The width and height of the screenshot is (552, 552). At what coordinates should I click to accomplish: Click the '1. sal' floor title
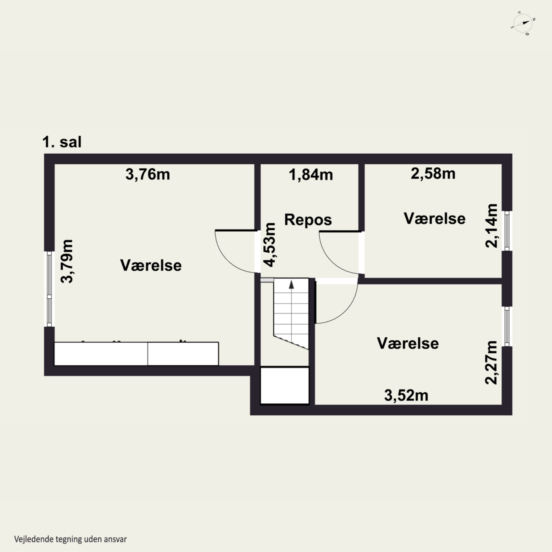click(x=62, y=142)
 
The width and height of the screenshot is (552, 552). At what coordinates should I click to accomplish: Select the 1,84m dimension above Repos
click(x=311, y=175)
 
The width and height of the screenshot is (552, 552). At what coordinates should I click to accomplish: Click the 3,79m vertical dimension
click(x=67, y=261)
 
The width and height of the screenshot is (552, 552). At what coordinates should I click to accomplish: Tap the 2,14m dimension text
click(x=492, y=226)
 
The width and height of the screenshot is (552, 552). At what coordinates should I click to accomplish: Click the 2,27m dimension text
click(x=492, y=362)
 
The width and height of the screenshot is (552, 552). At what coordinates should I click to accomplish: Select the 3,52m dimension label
click(x=406, y=396)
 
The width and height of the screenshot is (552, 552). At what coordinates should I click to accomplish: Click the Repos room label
click(x=308, y=220)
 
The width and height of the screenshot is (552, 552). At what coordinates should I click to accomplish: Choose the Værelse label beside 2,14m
click(x=435, y=219)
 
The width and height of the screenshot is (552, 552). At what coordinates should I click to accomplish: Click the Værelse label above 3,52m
click(x=408, y=343)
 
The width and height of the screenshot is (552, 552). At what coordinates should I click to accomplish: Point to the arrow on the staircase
click(x=291, y=285)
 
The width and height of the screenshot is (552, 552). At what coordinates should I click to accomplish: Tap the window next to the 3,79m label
click(x=49, y=289)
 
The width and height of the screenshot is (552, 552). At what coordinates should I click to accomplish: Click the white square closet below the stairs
click(x=285, y=385)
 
